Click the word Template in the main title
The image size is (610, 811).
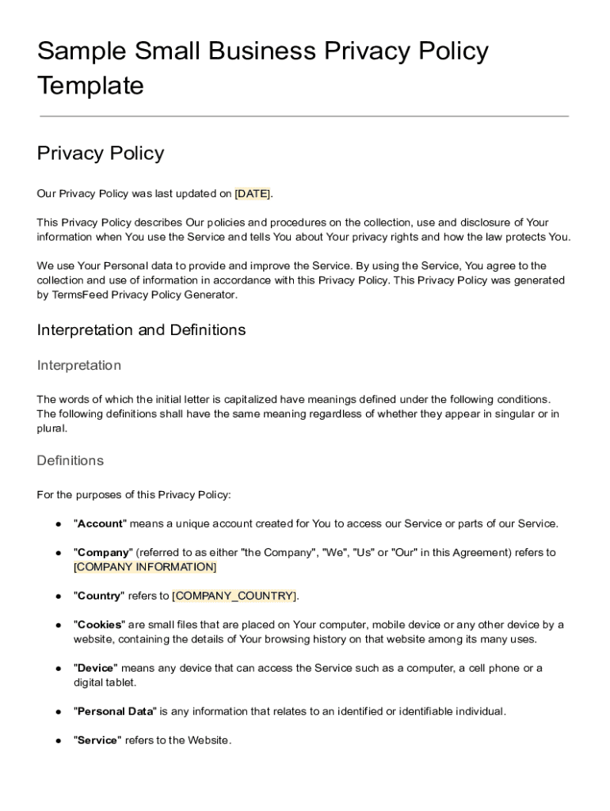90,86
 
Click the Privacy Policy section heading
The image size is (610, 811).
101,153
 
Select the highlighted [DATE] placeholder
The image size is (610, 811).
253,194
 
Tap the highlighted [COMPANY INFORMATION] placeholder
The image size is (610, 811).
145,567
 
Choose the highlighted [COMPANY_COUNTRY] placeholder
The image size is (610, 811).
234,596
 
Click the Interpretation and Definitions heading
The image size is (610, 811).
141,329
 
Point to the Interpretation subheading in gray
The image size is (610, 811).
79,365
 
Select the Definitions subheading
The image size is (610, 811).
71,460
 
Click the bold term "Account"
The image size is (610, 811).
100,524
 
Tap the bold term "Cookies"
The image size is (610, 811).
100,625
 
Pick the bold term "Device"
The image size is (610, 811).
96,668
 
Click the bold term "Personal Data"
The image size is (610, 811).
115,711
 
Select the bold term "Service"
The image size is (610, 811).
97,740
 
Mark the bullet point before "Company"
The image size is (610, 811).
59,553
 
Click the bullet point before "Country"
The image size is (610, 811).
59,596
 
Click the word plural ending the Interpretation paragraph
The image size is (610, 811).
51,428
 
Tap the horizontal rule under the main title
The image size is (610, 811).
304,116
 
